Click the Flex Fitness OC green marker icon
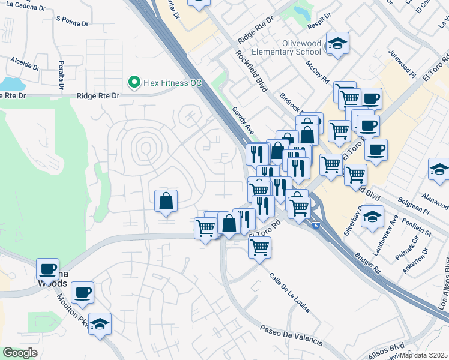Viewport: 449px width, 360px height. coord(134,82)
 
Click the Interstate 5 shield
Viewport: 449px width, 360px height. coord(316,225)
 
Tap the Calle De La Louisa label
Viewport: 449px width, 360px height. coord(289,293)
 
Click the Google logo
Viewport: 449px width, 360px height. coord(20,353)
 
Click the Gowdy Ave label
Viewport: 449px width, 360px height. coord(244,120)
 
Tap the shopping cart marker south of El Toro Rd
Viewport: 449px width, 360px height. coord(259,247)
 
